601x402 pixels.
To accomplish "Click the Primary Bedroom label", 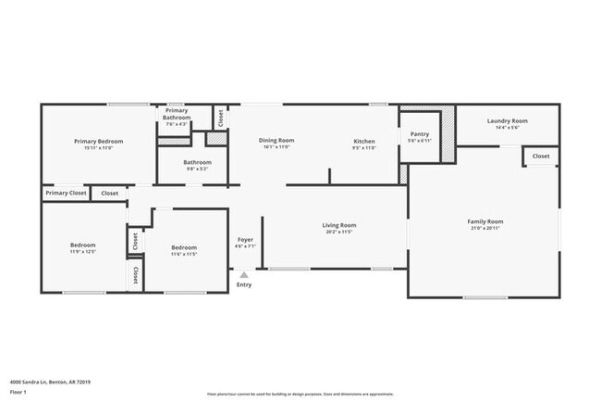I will pyautogui.click(x=99, y=141).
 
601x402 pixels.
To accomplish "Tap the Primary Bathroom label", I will pyautogui.click(x=177, y=114).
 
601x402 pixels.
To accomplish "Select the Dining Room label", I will pyautogui.click(x=276, y=141).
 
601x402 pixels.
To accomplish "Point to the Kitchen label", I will pyautogui.click(x=364, y=141).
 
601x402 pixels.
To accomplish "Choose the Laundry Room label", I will pyautogui.click(x=508, y=120).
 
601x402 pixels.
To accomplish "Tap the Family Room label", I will pyautogui.click(x=484, y=221).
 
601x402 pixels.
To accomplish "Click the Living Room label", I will pyautogui.click(x=339, y=225).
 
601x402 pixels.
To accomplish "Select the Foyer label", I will pyautogui.click(x=245, y=240).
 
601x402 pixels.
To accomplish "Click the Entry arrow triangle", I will pyautogui.click(x=244, y=274).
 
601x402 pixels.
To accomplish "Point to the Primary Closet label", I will pyautogui.click(x=66, y=194).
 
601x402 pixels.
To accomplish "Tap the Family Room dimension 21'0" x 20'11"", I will pyautogui.click(x=484, y=228).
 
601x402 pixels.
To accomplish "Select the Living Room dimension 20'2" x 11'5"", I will pyautogui.click(x=339, y=232).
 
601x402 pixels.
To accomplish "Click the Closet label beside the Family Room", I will pyautogui.click(x=541, y=157).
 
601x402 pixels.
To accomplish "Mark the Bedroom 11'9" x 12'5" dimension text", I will pyautogui.click(x=83, y=251).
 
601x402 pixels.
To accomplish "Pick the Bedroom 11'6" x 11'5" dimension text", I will pyautogui.click(x=184, y=254).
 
